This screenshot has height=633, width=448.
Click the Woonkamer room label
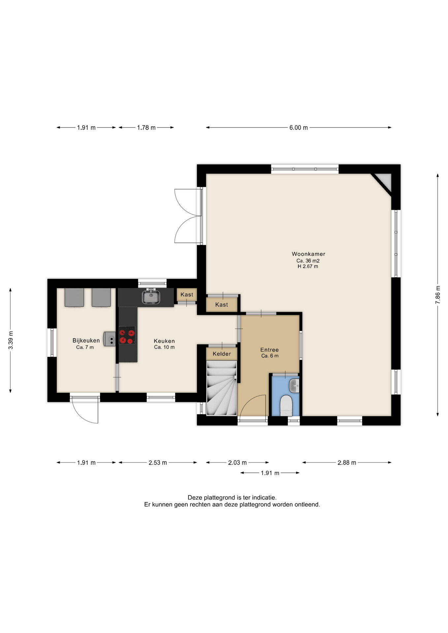point(308,254)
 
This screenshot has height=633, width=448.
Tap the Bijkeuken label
point(86,341)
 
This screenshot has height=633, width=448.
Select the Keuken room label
point(164,341)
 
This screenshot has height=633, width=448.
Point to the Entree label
point(270,350)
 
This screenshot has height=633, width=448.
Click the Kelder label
point(222,354)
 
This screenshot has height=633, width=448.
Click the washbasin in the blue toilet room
point(294,386)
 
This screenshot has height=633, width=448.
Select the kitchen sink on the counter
point(151,296)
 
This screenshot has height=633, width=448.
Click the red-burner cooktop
point(127,335)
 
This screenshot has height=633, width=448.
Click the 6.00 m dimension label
point(299,128)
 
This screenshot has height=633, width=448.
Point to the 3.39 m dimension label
point(11,340)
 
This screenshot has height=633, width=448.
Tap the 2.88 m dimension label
point(347,463)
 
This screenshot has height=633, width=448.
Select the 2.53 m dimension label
point(158,463)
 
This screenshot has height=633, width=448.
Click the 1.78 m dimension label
point(146,128)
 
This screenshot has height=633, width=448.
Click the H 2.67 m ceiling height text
point(308,266)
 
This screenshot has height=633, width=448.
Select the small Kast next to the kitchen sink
point(187,294)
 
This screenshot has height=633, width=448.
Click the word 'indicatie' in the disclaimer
point(264,497)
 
